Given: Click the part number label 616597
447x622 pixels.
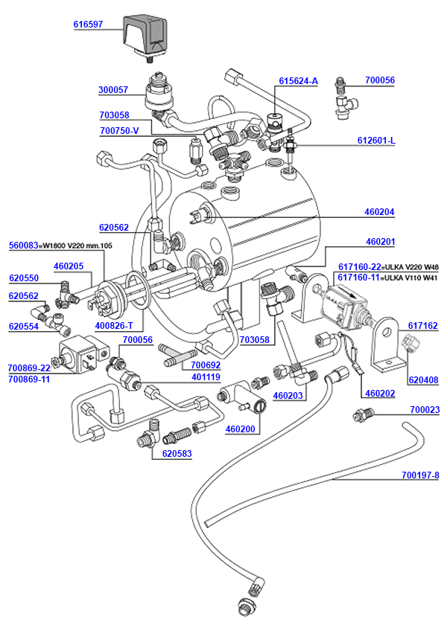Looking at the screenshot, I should pyautogui.click(x=88, y=25).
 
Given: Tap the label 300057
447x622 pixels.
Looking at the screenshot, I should pyautogui.click(x=113, y=90).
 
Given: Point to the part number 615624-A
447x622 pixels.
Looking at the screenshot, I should pyautogui.click(x=298, y=80).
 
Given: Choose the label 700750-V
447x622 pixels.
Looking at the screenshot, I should pyautogui.click(x=119, y=130).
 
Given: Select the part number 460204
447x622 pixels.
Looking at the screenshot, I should pyautogui.click(x=379, y=212).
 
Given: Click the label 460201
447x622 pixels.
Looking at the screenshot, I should pyautogui.click(x=380, y=242).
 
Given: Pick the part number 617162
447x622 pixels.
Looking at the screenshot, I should pyautogui.click(x=423, y=325).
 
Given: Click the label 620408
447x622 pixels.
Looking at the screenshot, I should pyautogui.click(x=423, y=380).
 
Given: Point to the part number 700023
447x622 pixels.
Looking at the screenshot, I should pyautogui.click(x=425, y=410).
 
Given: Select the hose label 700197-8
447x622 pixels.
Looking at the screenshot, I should pyautogui.click(x=420, y=475).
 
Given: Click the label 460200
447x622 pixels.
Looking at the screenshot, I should pyautogui.click(x=240, y=429).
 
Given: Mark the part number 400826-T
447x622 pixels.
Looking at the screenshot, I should pyautogui.click(x=114, y=326).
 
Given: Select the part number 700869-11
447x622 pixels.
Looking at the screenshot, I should pyautogui.click(x=29, y=379).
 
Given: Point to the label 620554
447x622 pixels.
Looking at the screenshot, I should pyautogui.click(x=23, y=326).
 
